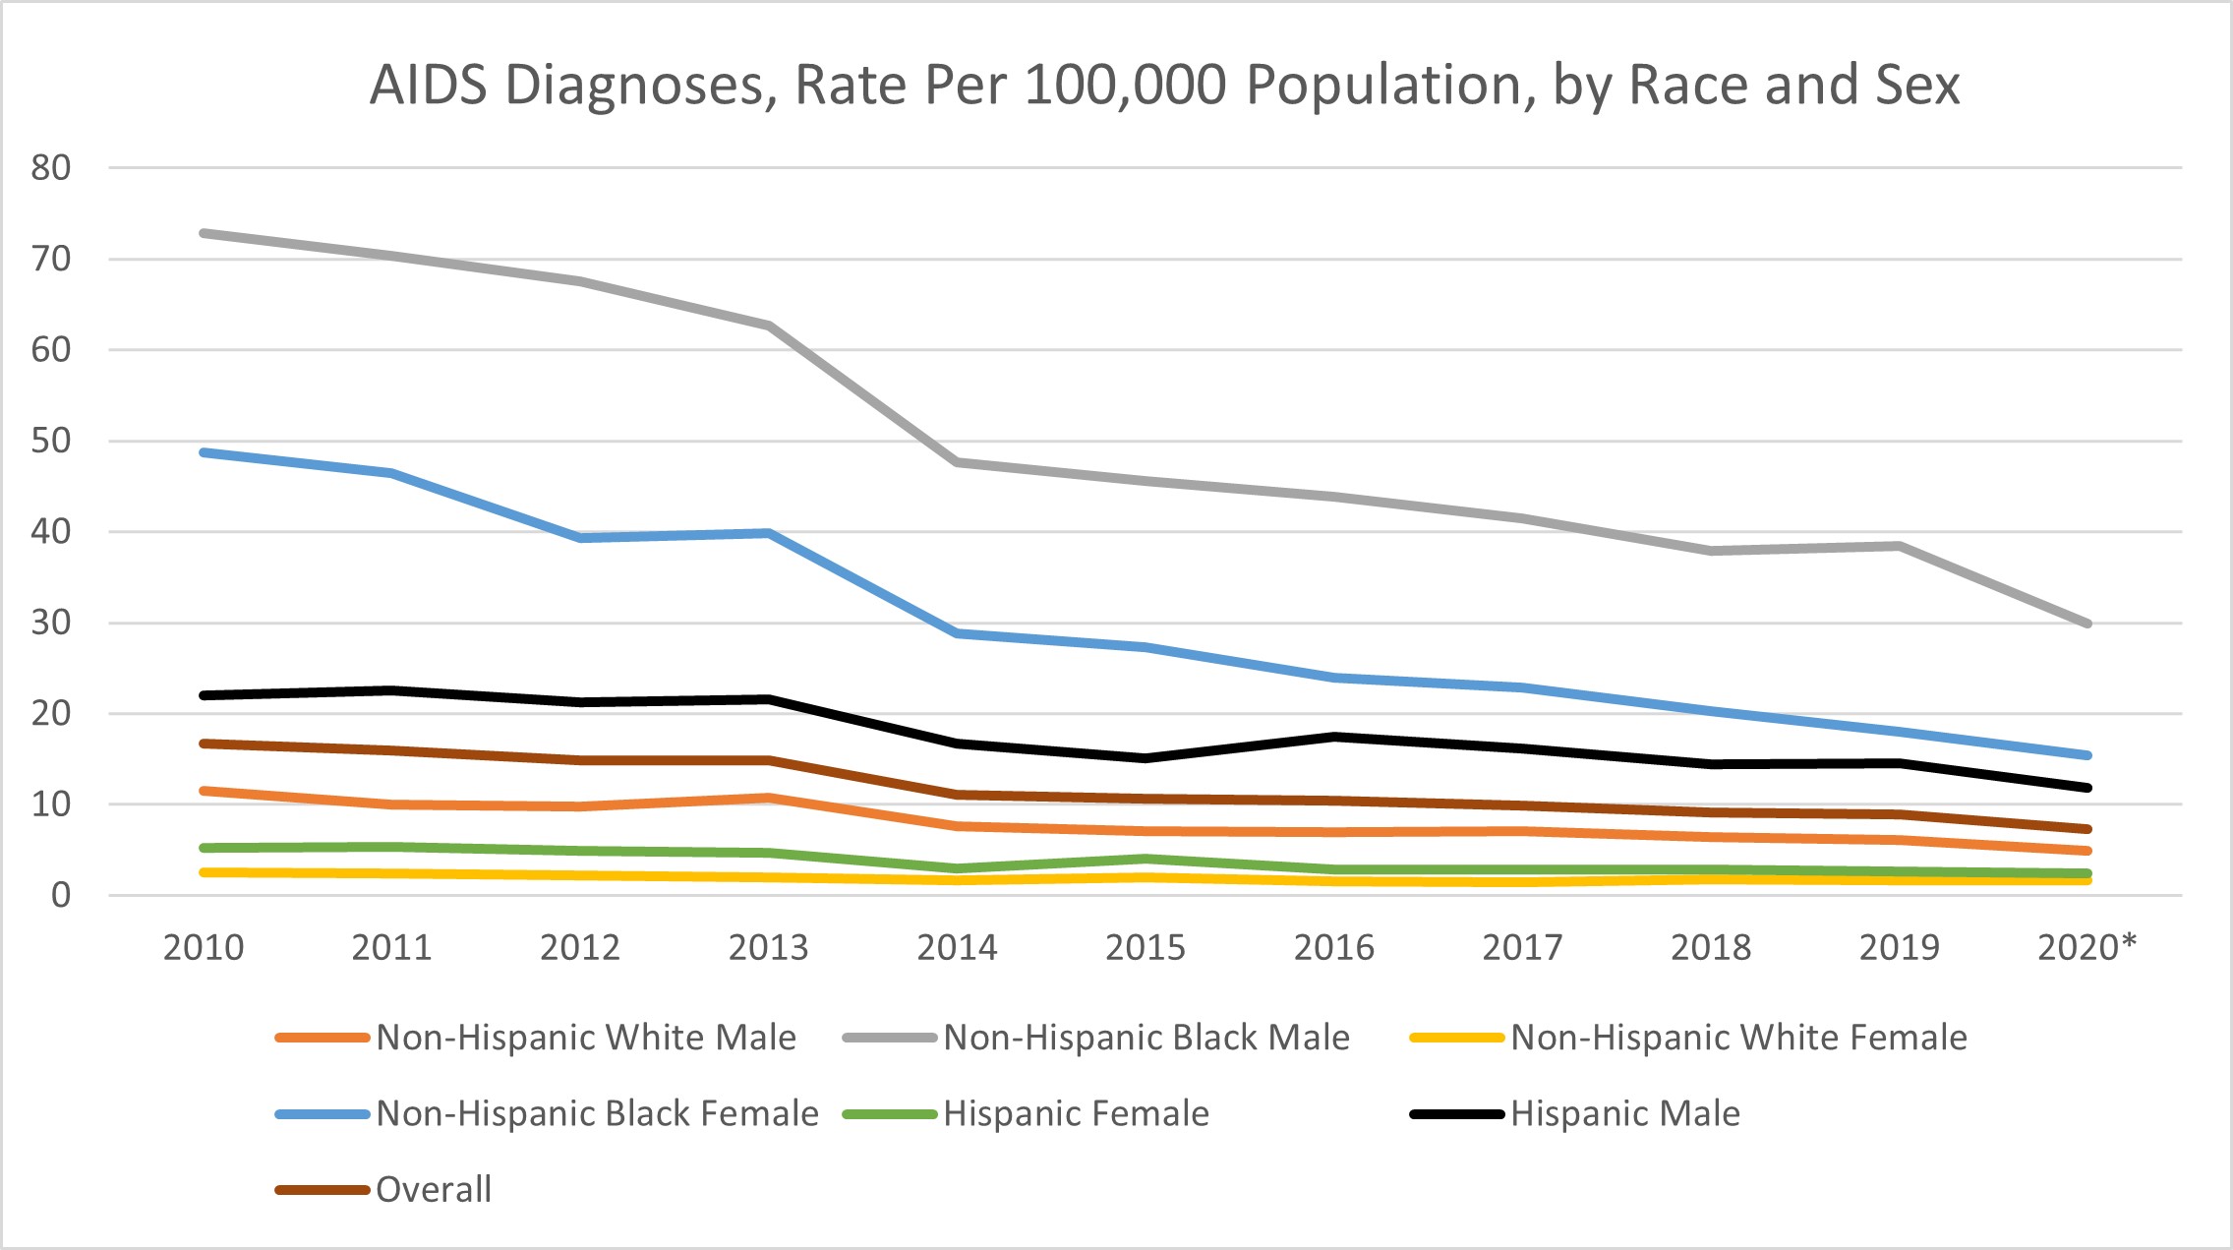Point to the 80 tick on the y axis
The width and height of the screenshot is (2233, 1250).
point(51,168)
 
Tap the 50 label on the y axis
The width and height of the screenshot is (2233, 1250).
point(51,441)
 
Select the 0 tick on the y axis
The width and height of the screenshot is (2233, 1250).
point(61,895)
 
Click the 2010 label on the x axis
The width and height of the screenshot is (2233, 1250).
point(204,947)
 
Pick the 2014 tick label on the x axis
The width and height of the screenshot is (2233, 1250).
point(957,947)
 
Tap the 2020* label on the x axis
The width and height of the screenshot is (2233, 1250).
point(2086,947)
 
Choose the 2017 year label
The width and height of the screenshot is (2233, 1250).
point(1522,947)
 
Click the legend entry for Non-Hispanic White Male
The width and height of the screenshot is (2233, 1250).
point(586,1038)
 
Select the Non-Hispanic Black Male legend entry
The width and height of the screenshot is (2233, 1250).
point(1146,1038)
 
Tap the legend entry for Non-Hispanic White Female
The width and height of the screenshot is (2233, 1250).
point(1738,1038)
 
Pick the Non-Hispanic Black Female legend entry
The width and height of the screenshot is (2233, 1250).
point(597,1113)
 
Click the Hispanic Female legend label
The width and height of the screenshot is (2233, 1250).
point(1076,1113)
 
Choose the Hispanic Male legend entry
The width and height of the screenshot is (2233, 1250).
point(1625,1113)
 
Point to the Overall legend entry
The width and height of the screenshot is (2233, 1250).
point(433,1189)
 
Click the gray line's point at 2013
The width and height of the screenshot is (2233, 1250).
point(769,326)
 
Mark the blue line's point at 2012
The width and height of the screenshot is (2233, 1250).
point(580,538)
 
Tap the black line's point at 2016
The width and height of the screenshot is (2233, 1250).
point(1334,737)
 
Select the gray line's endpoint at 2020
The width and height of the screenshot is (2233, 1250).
point(2086,624)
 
